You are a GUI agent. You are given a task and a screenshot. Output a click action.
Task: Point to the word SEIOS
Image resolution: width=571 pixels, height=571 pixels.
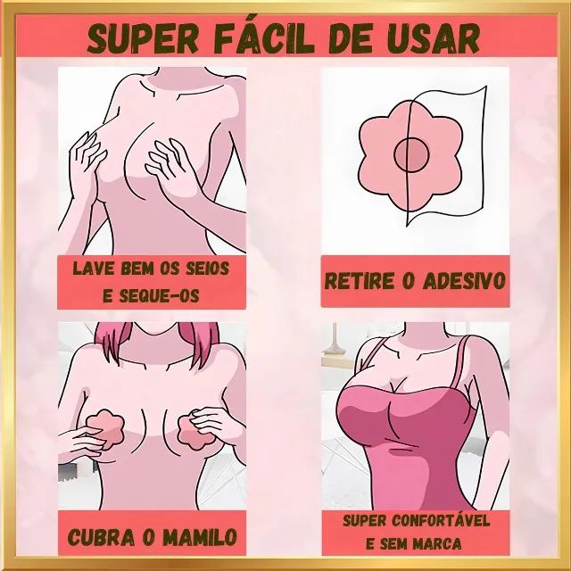(208, 269)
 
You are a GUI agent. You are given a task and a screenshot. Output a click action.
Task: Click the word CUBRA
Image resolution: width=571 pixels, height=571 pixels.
(102, 537)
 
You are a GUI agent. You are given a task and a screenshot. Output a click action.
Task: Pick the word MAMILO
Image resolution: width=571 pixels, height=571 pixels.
(200, 537)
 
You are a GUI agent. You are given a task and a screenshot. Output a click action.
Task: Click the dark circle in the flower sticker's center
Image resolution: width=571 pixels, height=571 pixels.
(411, 154)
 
